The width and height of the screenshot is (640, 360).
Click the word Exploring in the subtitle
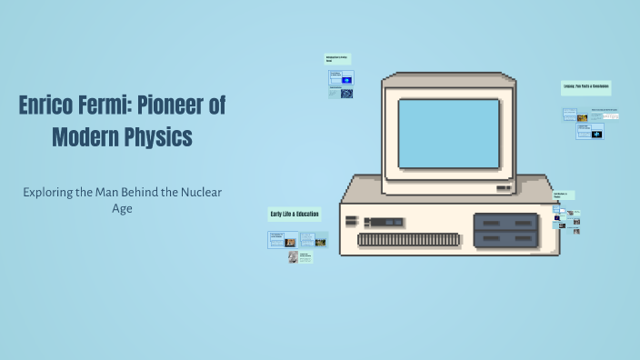(50, 192)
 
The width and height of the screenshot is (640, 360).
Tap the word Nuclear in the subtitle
(200, 192)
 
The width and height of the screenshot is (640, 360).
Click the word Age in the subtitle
(123, 208)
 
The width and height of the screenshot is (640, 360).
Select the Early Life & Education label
(295, 214)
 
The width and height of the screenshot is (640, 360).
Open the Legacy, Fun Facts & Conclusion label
(585, 86)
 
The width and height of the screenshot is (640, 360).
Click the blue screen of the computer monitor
(449, 134)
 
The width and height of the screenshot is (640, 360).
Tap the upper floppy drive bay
(505, 222)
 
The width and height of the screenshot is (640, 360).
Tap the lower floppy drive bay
(505, 238)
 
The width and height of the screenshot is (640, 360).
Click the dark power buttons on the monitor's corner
(503, 187)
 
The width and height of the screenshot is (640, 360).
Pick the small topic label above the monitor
(338, 59)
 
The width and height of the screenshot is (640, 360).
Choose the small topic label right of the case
(561, 195)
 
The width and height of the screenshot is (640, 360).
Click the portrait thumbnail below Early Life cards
(293, 257)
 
